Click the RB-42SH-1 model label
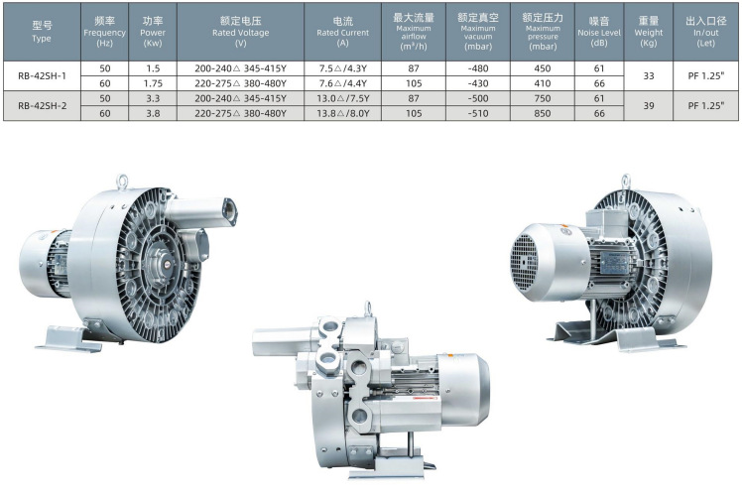[x=42, y=75]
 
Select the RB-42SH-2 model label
[x=42, y=106]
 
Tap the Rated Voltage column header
[x=240, y=32]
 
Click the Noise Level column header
[x=599, y=32]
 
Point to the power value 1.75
[x=153, y=83]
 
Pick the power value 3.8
[x=153, y=113]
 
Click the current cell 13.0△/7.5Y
[x=343, y=98]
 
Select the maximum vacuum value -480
[x=478, y=68]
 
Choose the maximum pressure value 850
[x=543, y=113]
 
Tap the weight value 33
[x=649, y=75]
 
